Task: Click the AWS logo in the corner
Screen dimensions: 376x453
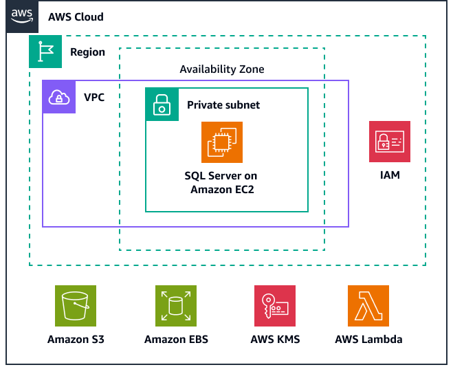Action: (23, 16)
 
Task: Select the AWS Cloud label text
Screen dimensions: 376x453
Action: (76, 16)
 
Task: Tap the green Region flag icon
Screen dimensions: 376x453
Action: (45, 52)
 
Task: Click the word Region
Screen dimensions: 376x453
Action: (87, 52)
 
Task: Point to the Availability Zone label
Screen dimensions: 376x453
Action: (221, 69)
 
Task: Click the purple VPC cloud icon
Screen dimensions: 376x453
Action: (59, 97)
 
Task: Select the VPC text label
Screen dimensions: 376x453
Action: (94, 97)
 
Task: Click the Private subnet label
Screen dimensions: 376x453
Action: (223, 105)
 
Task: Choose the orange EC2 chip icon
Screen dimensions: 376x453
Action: (222, 142)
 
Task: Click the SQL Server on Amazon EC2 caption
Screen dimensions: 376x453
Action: (222, 183)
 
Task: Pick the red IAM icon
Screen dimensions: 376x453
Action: (390, 142)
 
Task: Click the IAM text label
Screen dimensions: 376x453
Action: (390, 175)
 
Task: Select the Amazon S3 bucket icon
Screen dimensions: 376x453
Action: (76, 306)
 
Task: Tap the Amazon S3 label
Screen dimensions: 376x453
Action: (76, 340)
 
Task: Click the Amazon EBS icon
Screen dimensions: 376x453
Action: (176, 306)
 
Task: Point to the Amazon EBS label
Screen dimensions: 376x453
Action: (176, 340)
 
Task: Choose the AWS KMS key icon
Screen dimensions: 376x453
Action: (275, 306)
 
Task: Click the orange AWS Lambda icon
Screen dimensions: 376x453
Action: (368, 306)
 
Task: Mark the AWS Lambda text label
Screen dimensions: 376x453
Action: (368, 340)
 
